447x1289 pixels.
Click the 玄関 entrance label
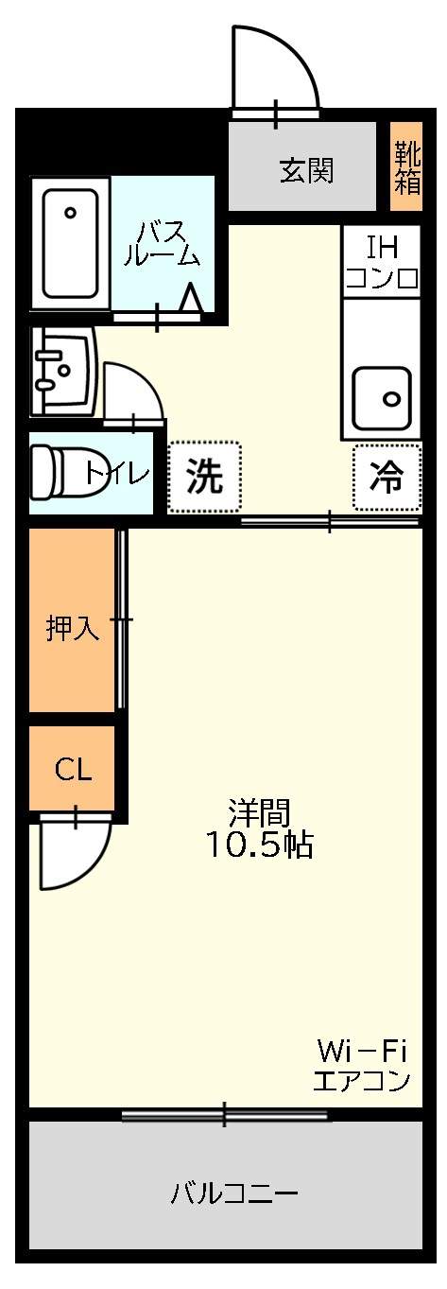306,171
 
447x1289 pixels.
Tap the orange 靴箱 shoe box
406,166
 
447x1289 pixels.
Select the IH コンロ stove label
382,262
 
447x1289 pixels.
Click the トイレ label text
117,473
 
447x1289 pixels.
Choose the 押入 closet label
73,629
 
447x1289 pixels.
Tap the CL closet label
73,769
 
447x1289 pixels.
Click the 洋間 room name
258,812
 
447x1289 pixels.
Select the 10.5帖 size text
260,845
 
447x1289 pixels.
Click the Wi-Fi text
361,1051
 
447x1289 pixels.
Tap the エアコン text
361,1080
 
